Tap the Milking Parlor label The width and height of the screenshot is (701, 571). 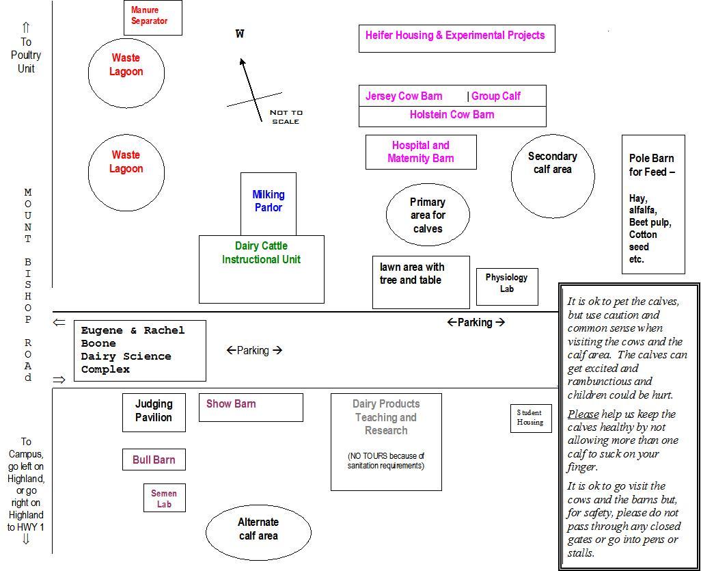click(x=269, y=201)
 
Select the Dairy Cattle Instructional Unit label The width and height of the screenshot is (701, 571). click(x=261, y=252)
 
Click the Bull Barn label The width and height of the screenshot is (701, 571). click(x=154, y=460)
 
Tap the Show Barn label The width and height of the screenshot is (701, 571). click(x=231, y=403)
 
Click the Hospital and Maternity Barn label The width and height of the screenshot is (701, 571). click(x=421, y=152)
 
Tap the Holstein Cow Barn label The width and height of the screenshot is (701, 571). click(x=452, y=115)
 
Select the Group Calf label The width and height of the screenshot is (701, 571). click(x=496, y=96)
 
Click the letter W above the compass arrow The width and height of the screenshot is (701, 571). click(x=240, y=34)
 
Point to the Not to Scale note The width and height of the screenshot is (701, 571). click(x=286, y=117)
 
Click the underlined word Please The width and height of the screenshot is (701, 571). click(x=583, y=414)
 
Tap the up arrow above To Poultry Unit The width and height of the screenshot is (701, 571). click(x=26, y=27)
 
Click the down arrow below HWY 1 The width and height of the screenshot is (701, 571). click(x=26, y=539)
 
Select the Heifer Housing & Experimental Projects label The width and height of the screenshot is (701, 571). click(x=455, y=36)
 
